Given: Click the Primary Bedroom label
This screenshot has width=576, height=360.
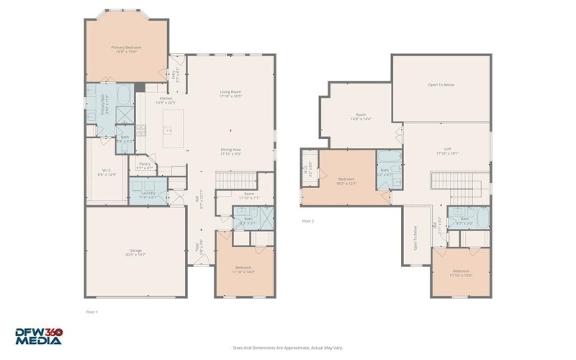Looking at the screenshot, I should tap(126, 49).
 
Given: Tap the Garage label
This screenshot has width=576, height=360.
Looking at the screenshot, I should tap(136, 253).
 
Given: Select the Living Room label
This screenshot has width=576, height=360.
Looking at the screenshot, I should tap(230, 94).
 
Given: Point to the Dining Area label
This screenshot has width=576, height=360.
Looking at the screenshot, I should tap(230, 152).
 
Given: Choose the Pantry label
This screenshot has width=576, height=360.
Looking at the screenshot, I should tap(144, 166).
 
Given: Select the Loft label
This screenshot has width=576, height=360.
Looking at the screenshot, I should tap(447, 152).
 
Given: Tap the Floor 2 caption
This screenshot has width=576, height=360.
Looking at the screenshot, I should tap(308, 221).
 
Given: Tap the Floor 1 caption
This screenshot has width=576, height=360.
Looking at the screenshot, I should tap(91, 311).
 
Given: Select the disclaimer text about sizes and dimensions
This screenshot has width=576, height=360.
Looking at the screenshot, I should tap(288, 346).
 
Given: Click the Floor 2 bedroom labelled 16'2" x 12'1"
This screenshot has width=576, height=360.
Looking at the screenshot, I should tap(346, 181).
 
